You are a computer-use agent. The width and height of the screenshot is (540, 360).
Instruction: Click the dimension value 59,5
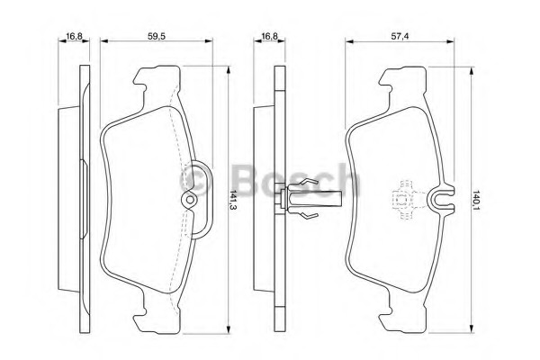157,36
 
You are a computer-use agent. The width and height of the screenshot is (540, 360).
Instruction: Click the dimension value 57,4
400,36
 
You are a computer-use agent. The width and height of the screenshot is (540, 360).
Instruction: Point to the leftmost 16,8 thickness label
75,36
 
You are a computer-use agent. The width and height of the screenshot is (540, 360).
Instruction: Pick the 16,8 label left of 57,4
270,36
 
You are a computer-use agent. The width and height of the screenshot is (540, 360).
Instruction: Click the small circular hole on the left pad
189,200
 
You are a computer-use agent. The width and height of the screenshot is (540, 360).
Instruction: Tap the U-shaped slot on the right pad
442,200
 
